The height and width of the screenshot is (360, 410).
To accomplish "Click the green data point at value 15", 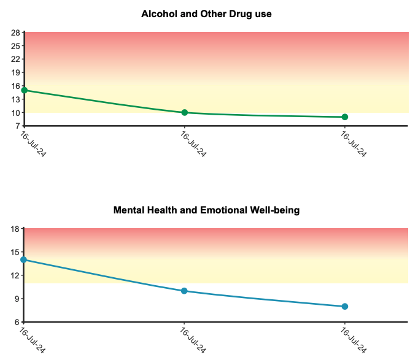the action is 25,90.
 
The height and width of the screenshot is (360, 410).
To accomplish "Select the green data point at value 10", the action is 185,113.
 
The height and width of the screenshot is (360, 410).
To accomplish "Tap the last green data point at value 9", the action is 345,117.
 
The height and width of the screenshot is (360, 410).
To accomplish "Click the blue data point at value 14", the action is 23,259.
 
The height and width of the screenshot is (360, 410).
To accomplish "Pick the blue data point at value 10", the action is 184,291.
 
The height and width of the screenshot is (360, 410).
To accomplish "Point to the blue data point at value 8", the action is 345,307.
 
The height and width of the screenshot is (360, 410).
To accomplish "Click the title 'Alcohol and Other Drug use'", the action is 206,14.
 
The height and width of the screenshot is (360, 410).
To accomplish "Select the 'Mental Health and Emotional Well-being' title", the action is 207,210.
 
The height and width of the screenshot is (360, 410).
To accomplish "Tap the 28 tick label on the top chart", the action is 15,33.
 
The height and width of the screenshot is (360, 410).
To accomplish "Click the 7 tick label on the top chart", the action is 18,126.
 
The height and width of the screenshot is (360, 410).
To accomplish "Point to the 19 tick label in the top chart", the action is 15,72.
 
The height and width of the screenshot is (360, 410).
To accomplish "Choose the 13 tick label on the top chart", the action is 15,99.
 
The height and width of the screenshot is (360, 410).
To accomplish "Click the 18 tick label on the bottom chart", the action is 15,229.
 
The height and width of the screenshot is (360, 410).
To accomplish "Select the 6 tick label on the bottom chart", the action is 17,323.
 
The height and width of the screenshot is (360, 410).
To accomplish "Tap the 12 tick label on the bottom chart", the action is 15,275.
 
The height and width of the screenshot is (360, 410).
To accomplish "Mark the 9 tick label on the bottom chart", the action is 17,299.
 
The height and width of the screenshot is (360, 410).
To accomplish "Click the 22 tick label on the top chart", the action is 15,59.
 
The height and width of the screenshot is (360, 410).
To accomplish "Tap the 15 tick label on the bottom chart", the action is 15,252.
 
